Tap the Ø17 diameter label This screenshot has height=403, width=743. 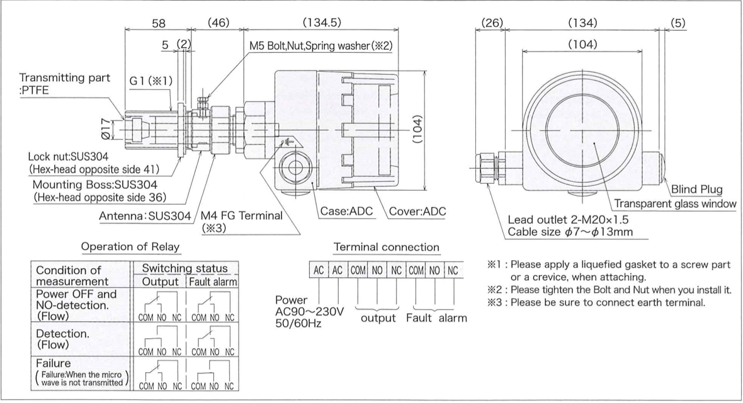(x=113, y=132)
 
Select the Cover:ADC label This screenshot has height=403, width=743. (x=417, y=212)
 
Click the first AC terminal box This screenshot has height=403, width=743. (x=319, y=271)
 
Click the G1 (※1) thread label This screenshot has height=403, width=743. (x=142, y=81)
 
